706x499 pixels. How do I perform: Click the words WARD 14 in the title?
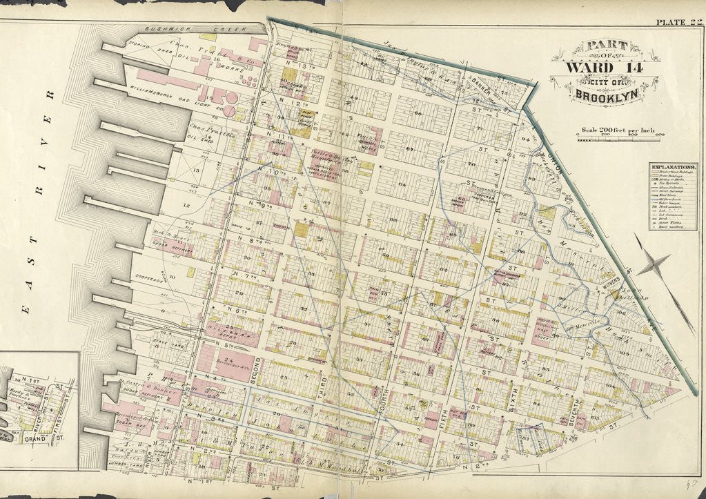(x=598, y=67)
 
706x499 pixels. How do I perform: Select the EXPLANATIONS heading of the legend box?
(x=672, y=168)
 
